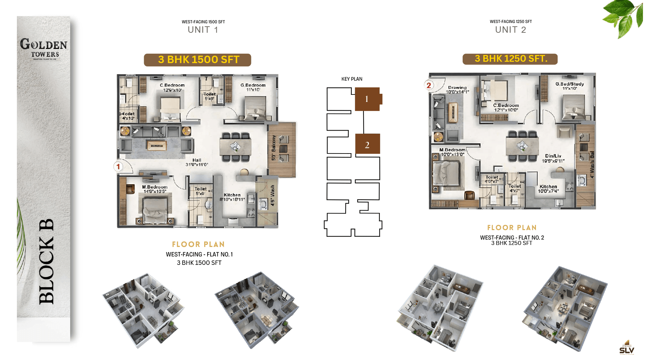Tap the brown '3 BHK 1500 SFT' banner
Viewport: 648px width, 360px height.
point(197,60)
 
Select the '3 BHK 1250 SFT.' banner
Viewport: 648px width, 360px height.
point(510,59)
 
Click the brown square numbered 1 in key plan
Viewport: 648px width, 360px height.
point(367,99)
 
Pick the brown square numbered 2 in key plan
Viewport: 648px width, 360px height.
point(367,144)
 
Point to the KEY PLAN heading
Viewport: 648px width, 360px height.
point(352,79)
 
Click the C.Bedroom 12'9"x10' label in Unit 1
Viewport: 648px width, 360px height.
point(172,87)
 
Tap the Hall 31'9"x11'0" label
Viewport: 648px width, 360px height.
point(197,162)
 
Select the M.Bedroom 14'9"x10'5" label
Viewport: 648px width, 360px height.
point(155,189)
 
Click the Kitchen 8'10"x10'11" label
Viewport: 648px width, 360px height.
point(232,197)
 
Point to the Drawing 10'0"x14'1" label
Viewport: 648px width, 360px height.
point(457,89)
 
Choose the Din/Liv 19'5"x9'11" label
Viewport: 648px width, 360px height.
point(553,158)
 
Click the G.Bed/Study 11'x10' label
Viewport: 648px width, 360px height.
point(569,86)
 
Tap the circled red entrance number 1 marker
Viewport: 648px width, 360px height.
point(118,166)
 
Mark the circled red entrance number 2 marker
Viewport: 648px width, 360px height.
point(429,85)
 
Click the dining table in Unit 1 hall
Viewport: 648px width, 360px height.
point(236,147)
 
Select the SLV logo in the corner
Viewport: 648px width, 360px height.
point(626,348)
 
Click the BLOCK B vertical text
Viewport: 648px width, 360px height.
point(47,261)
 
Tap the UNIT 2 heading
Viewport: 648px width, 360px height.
point(510,30)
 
